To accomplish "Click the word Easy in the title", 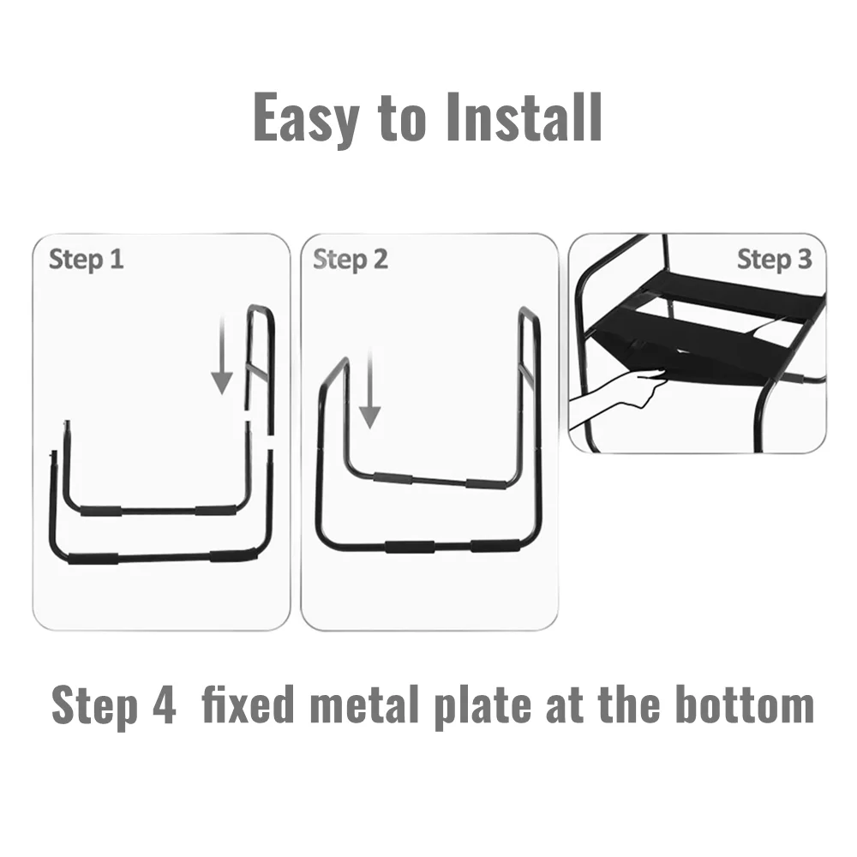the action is tap(307, 118).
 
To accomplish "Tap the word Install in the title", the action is tap(524, 117).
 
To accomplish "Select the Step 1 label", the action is tap(87, 260).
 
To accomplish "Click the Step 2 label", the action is tap(351, 260).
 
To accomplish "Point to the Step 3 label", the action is tap(775, 259).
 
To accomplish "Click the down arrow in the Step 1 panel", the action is tap(222, 357).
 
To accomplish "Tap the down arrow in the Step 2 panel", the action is tap(370, 390).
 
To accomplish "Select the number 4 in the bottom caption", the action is tap(164, 704).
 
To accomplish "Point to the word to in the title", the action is tap(402, 120).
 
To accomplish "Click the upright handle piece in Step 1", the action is tap(260, 368).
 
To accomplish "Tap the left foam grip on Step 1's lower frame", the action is tap(93, 559).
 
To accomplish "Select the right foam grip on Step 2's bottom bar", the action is tap(495, 546).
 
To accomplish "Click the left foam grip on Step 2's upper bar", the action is tap(393, 479).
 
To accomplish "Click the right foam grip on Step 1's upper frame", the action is tap(217, 511).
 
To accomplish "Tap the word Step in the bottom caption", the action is tap(94, 707).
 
